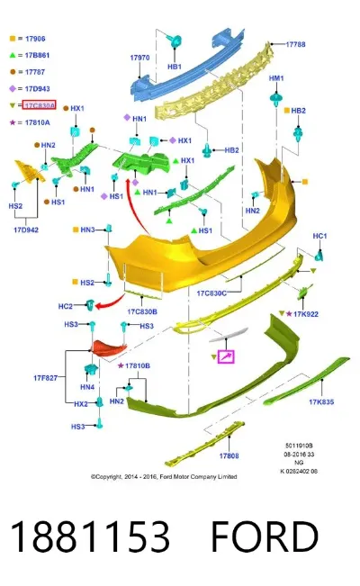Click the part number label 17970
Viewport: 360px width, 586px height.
[x=139, y=58]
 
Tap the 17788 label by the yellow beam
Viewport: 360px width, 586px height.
[x=295, y=44]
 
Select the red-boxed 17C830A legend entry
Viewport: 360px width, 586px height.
[x=40, y=105]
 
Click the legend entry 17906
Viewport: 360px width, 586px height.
[x=35, y=38]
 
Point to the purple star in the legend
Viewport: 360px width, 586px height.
[x=13, y=122]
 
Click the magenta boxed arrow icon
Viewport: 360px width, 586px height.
[x=226, y=356]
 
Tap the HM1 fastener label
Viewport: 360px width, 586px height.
[x=276, y=78]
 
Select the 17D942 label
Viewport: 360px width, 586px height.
[x=26, y=230]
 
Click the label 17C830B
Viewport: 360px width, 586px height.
[x=142, y=311]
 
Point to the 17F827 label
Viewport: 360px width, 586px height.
[x=46, y=378]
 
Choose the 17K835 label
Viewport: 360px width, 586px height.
[x=321, y=401]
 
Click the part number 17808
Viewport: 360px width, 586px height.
[x=229, y=455]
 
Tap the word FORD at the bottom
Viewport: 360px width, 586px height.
[x=265, y=536]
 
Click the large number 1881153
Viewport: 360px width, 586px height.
[x=90, y=536]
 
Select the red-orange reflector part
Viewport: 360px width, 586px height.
[x=110, y=348]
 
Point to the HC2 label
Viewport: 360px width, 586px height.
[x=65, y=306]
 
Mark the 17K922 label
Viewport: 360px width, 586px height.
[x=306, y=314]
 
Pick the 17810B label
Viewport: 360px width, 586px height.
[x=138, y=365]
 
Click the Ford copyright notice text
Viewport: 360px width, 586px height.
[x=164, y=476]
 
